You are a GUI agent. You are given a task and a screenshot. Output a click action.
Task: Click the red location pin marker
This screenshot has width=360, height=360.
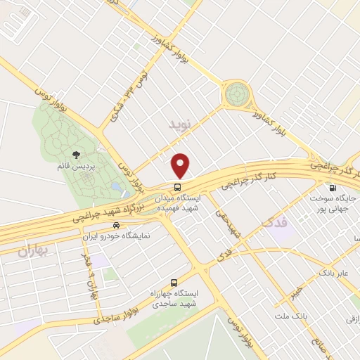pyautogui.click(x=181, y=165)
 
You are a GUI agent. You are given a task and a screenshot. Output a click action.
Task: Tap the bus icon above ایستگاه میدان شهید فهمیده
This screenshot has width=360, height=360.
pyautogui.click(x=179, y=188)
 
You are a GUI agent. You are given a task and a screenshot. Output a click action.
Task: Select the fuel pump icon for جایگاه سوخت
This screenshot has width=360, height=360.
pyautogui.click(x=332, y=188)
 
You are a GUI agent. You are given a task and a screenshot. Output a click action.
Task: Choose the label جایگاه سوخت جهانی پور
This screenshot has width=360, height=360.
pyautogui.click(x=333, y=203)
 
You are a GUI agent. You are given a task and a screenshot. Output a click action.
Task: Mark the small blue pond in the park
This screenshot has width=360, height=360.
pyautogui.click(x=115, y=186)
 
